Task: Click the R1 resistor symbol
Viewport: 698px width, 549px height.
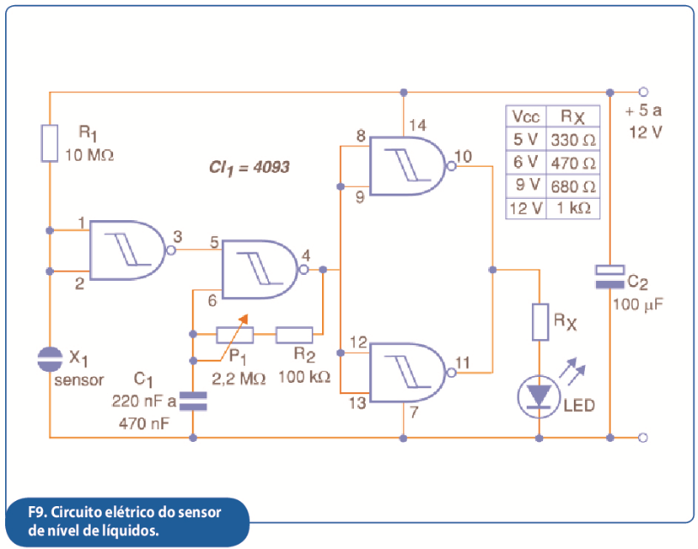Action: tap(50, 143)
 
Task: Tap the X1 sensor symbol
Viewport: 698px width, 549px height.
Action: tap(50, 360)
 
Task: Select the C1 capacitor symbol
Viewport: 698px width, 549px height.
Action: tap(193, 401)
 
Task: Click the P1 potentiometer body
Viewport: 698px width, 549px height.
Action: tap(235, 334)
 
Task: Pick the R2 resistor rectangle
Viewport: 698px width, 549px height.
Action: tap(295, 334)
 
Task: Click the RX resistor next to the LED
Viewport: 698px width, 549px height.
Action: tap(540, 322)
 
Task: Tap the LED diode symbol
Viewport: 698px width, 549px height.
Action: tap(539, 397)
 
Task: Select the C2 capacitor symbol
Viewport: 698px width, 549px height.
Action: tap(610, 277)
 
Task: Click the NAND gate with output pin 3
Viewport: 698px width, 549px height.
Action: tap(128, 250)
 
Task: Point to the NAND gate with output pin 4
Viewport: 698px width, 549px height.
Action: tap(260, 270)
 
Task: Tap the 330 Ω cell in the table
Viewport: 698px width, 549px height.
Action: tap(573, 140)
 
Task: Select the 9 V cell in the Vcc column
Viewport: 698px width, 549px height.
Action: tap(526, 185)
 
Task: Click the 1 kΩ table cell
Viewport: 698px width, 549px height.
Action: tap(573, 208)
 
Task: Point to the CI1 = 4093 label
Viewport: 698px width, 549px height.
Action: tap(249, 168)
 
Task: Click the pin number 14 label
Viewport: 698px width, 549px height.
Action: tap(418, 125)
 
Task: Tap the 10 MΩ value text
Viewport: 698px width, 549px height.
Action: tap(89, 155)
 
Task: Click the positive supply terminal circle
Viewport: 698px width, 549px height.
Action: tap(643, 92)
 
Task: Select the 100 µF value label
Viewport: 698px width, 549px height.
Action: tap(638, 305)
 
